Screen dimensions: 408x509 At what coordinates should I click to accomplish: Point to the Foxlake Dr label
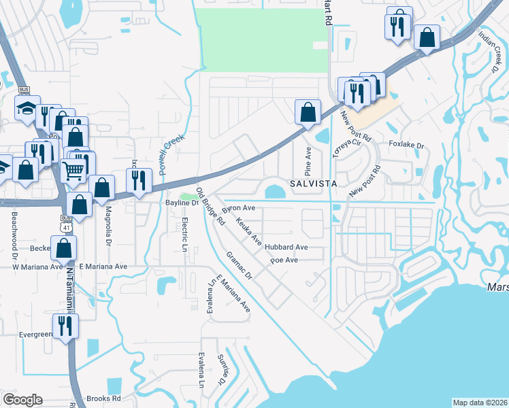coord(406,146)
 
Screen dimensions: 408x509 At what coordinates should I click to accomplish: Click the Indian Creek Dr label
coord(487,50)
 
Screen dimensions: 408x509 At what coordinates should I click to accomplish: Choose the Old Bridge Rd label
coord(211,207)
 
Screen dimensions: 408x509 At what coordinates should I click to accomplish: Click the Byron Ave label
coord(239,207)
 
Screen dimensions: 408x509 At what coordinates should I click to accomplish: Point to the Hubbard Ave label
coord(286,248)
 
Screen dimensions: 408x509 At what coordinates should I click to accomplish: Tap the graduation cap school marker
coord(27,108)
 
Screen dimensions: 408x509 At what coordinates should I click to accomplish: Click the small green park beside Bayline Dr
coord(184,197)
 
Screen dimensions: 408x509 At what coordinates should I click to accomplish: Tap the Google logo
coord(22,400)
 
